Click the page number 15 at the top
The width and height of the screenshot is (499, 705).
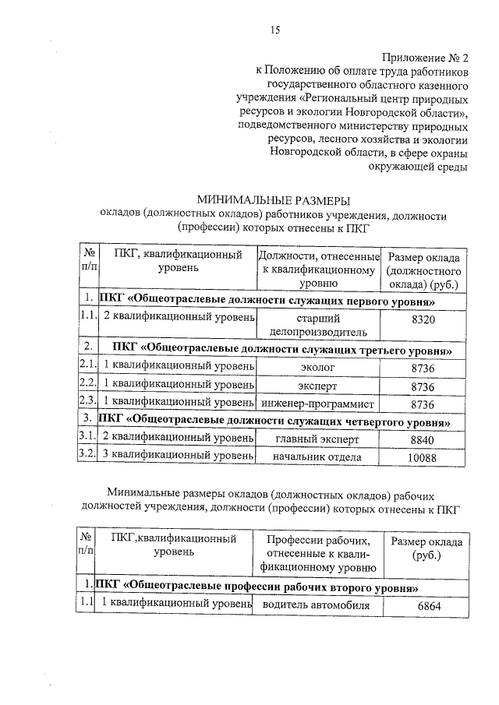274,31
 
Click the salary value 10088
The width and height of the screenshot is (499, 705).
422,457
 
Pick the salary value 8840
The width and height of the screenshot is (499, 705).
422,440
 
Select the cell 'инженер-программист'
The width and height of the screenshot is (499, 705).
317,404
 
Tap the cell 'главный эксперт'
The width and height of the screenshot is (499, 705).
317,440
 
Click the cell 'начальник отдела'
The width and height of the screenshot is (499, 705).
317,457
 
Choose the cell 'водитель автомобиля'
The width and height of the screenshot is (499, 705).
317,605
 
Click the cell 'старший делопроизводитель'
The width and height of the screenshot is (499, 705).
317,324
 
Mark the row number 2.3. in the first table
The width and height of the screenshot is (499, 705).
87,404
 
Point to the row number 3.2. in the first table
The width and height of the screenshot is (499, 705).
87,457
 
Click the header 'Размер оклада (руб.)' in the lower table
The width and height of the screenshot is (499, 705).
427,549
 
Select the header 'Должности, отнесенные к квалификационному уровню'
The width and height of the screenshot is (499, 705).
317,270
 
